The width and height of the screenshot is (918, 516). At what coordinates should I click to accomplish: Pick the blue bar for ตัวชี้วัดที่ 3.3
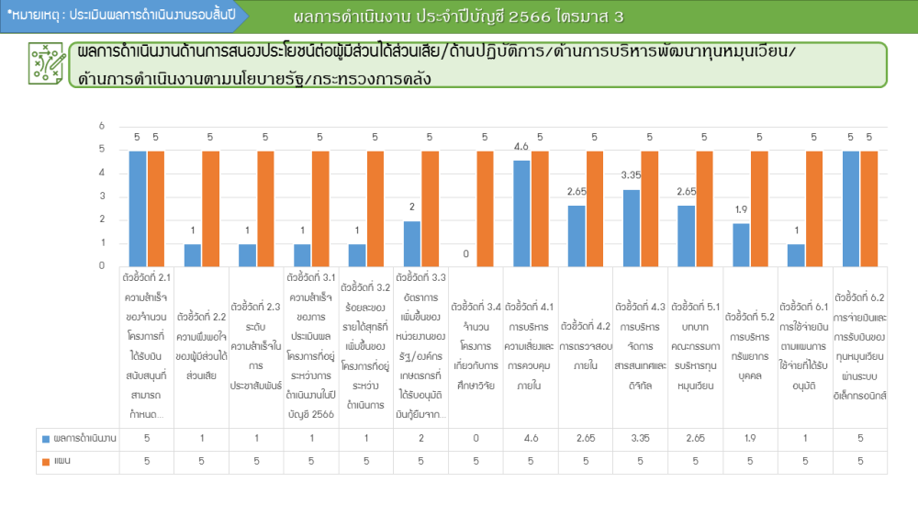(x=412, y=243)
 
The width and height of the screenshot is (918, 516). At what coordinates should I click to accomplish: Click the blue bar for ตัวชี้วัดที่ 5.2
(x=742, y=244)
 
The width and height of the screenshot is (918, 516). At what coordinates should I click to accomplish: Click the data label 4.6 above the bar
(x=521, y=147)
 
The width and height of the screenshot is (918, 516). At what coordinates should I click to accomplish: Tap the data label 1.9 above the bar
(x=742, y=209)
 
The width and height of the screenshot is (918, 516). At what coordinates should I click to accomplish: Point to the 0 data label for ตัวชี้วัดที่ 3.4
(x=466, y=253)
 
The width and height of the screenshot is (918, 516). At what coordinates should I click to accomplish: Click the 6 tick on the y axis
(x=102, y=126)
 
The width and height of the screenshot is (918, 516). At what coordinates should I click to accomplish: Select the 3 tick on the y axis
(x=102, y=196)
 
